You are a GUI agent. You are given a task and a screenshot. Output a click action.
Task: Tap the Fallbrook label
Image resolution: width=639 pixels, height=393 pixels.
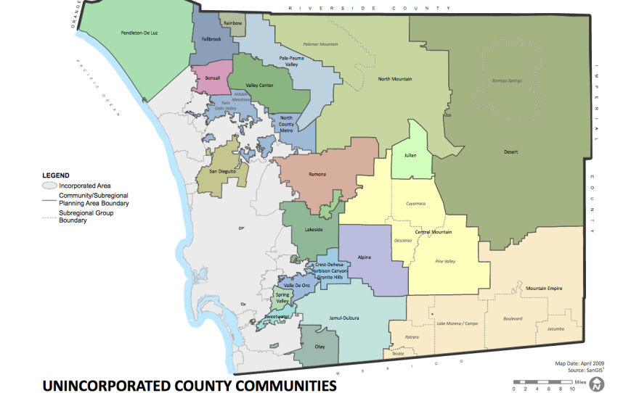(x=211, y=40)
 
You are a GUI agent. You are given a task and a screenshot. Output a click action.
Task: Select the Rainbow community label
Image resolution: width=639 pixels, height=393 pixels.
(x=232, y=23)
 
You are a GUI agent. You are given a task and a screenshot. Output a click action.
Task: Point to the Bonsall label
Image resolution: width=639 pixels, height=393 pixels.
(x=213, y=78)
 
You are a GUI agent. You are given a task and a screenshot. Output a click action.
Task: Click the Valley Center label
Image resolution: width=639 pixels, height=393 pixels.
(x=259, y=86)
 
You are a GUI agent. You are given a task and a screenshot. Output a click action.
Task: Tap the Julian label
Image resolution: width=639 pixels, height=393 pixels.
(x=410, y=154)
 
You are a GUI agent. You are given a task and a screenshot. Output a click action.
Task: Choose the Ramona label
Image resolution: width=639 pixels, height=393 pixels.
(x=317, y=175)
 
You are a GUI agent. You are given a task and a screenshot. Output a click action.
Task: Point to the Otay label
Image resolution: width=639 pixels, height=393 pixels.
(x=319, y=347)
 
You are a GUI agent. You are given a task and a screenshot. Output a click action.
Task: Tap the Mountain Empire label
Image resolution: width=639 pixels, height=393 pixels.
(x=544, y=289)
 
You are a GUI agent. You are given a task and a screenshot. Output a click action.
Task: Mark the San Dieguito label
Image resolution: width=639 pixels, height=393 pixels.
(x=223, y=171)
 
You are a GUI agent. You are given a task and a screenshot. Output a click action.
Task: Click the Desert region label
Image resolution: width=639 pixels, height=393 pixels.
(x=511, y=152)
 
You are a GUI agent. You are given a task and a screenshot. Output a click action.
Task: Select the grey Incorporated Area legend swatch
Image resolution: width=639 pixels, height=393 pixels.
(x=48, y=186)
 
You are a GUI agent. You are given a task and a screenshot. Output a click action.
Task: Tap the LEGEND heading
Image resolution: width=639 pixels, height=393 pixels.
(x=56, y=175)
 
